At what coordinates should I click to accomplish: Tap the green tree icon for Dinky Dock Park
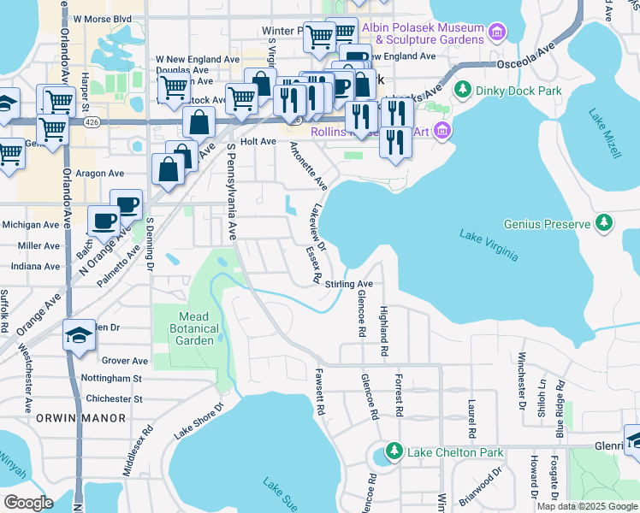click(x=463, y=89)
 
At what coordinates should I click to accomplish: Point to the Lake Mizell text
click(x=604, y=134)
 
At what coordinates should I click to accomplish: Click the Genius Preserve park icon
click(x=604, y=224)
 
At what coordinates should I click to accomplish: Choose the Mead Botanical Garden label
click(x=187, y=328)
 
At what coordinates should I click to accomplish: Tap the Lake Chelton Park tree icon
click(x=394, y=451)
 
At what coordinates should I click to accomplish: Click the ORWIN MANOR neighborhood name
click(x=81, y=418)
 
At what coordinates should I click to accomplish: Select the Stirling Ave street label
click(x=349, y=284)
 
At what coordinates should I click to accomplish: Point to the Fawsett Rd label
click(x=319, y=392)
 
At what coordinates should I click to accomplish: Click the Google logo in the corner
click(x=28, y=502)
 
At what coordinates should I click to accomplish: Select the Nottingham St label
click(x=110, y=378)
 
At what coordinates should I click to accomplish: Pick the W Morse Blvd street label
click(x=103, y=18)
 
